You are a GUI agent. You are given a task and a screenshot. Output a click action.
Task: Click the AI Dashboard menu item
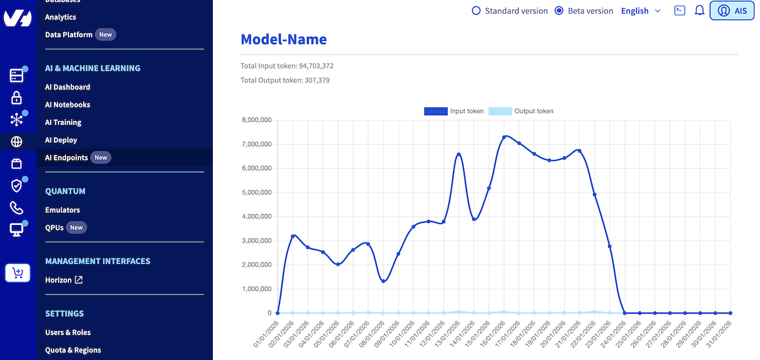[67, 87]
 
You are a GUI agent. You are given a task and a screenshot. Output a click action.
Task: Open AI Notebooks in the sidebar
[67, 105]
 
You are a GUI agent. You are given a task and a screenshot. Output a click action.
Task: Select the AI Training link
[63, 122]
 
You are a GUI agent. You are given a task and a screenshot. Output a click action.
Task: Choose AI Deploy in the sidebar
[61, 140]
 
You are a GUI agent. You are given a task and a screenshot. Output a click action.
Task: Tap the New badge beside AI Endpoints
[101, 158]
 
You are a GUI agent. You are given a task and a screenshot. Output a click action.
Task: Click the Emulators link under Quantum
[63, 210]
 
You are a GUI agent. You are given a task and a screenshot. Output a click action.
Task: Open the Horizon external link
[64, 280]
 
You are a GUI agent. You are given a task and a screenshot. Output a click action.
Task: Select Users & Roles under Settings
[68, 333]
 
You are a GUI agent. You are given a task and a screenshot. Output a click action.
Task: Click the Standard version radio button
[476, 11]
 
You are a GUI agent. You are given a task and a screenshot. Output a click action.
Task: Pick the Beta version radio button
[559, 11]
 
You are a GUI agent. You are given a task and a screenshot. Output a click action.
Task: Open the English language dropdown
[641, 11]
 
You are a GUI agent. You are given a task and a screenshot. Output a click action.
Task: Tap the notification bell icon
[699, 11]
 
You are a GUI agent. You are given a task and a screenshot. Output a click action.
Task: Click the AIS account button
[732, 11]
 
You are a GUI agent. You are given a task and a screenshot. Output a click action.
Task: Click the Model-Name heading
[284, 39]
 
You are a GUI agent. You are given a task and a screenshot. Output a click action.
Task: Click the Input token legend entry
[454, 111]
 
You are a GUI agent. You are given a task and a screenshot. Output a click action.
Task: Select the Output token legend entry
[521, 111]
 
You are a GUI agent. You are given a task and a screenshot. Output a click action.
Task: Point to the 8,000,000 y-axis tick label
[256, 120]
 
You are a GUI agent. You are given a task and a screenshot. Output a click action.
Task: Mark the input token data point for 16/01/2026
[504, 137]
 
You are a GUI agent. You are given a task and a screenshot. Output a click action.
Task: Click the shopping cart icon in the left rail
[18, 273]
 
